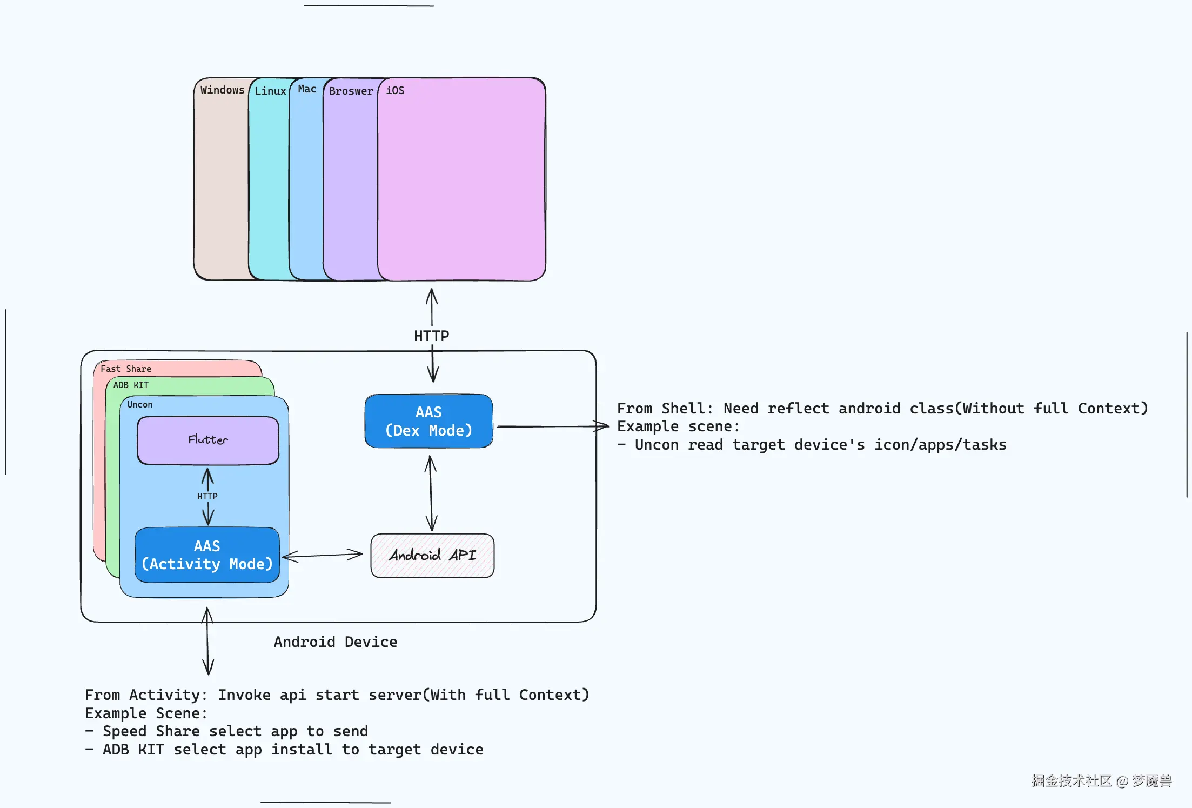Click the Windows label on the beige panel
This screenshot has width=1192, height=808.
pos(222,90)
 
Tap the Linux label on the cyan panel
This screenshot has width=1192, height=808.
pos(270,91)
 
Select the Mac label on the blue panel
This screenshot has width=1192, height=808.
pos(307,89)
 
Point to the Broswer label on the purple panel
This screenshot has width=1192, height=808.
pos(351,91)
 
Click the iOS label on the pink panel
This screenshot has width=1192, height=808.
pos(395,90)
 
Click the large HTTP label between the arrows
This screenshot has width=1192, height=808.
pos(431,336)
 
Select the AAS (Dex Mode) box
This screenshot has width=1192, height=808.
pos(428,421)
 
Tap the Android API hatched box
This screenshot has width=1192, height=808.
pos(432,556)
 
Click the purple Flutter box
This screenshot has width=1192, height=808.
pos(208,440)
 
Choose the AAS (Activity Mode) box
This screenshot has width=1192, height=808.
pos(207,555)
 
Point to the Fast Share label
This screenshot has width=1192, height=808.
pos(125,369)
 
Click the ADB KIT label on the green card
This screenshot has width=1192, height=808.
pos(131,385)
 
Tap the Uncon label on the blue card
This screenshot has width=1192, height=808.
pos(140,404)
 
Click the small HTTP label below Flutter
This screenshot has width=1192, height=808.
pos(207,496)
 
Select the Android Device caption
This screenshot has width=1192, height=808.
pos(335,642)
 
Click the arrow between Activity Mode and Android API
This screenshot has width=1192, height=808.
pos(322,555)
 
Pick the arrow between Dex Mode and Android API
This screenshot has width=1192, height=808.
pos(431,493)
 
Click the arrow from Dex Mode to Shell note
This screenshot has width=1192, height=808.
pos(551,426)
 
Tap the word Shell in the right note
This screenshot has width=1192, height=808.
pos(683,408)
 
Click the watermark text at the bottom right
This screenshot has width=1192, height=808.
pos(1101,780)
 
